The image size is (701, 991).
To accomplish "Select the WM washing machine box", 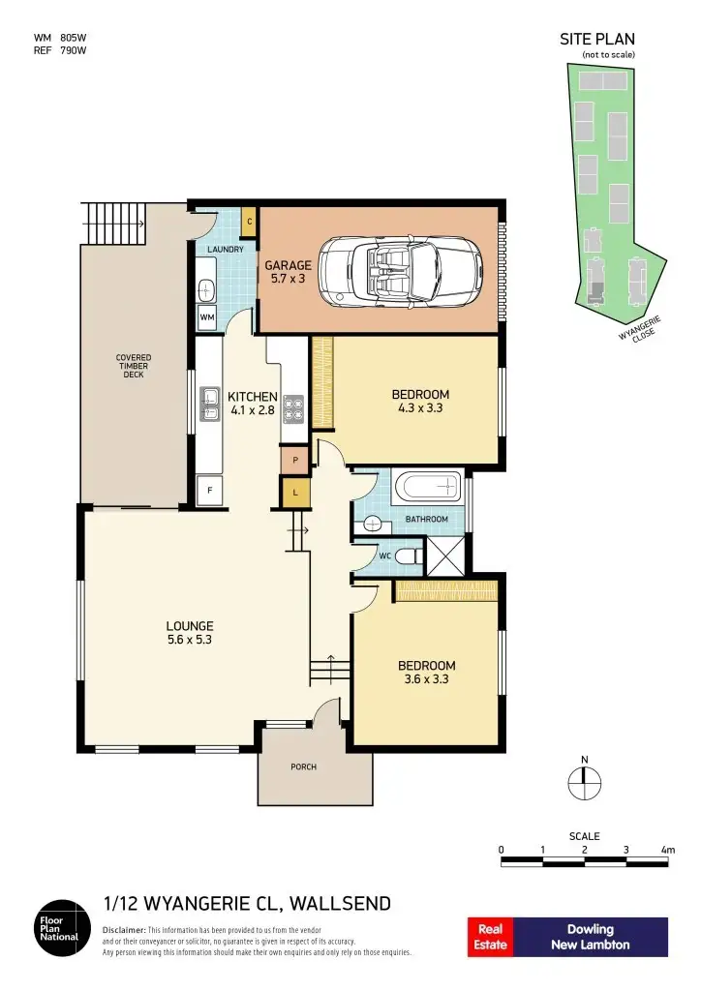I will click(x=207, y=316).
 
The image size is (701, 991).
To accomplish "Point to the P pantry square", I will click(x=294, y=461).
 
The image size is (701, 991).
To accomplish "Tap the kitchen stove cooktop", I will click(x=293, y=407).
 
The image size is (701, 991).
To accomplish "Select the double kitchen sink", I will click(x=209, y=405).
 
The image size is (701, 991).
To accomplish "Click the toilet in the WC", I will click(x=409, y=556).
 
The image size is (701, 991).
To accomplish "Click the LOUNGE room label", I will click(x=190, y=626).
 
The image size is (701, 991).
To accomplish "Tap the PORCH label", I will click(x=303, y=767).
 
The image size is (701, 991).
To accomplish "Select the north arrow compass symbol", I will click(x=583, y=780).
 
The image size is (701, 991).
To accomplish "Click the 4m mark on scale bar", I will click(x=666, y=850).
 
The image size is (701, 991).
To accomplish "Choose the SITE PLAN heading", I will click(x=596, y=40).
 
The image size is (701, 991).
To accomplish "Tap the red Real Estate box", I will click(x=490, y=936).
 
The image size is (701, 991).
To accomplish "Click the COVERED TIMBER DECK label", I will click(x=134, y=366).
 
